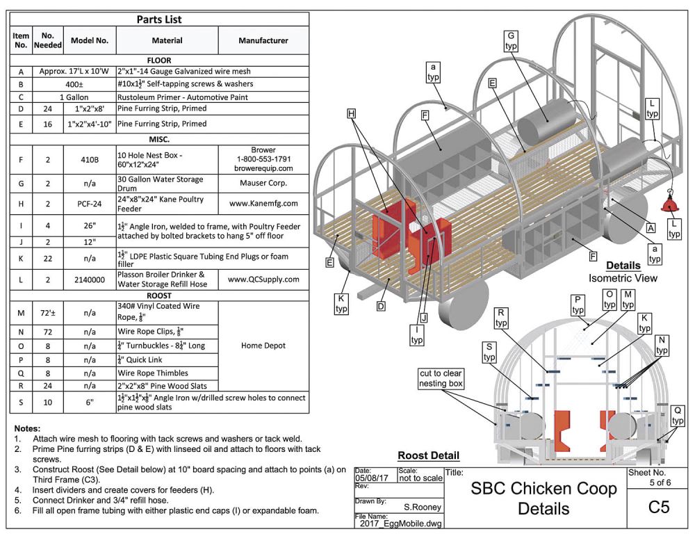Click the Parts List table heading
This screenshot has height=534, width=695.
tap(159, 19)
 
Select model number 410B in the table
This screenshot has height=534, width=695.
tap(89, 159)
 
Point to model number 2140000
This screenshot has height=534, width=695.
tap(89, 280)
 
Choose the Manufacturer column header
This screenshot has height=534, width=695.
tap(263, 40)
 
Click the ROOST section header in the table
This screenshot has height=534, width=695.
tap(159, 296)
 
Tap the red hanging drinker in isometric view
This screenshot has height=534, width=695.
tap(671, 202)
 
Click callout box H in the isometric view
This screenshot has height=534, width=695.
tap(351, 113)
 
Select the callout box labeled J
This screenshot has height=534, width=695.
tap(425, 318)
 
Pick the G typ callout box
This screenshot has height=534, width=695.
tap(512, 40)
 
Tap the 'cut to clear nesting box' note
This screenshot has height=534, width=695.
tap(441, 378)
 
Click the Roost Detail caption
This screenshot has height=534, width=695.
tap(428, 456)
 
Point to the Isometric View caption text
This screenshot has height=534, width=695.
tap(623, 278)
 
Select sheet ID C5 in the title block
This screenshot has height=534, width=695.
tap(658, 507)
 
